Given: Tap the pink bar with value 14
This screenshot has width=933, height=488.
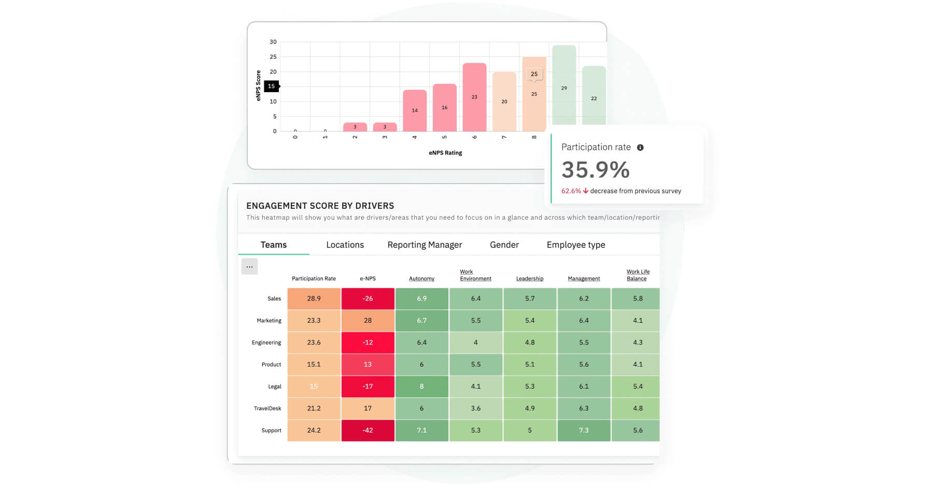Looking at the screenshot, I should pos(415,110).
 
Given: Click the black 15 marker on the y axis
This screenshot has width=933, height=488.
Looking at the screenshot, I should pos(271,86).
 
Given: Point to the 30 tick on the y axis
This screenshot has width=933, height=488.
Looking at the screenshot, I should pos(273,42).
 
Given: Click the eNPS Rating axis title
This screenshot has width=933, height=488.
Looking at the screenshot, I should pos(445,153).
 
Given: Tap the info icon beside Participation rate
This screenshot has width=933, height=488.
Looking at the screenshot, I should pos(640,148).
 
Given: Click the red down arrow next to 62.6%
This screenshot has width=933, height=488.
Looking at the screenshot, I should pos(586,191).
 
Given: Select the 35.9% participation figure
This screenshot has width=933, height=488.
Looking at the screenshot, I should pos(596,169).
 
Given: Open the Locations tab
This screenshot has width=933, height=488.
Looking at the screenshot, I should pos(345,245).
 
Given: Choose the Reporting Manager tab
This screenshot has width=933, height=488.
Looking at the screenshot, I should pos(425,245).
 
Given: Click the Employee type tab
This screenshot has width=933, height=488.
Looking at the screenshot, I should pos(575,245).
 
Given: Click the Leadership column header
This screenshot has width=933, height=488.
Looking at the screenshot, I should pos(529,279).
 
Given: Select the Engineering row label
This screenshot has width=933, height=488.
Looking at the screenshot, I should pos(266,342).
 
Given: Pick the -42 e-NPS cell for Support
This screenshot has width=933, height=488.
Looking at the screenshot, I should pos(367,430).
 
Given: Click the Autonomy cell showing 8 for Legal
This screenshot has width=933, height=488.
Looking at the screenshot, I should pos(421,386).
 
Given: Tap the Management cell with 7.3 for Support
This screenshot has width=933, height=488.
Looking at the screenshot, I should pos(584,430).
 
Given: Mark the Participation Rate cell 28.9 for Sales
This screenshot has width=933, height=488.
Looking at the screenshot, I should pos(314,298).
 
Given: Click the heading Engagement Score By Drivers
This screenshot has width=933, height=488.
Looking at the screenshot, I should pos(320,206).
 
